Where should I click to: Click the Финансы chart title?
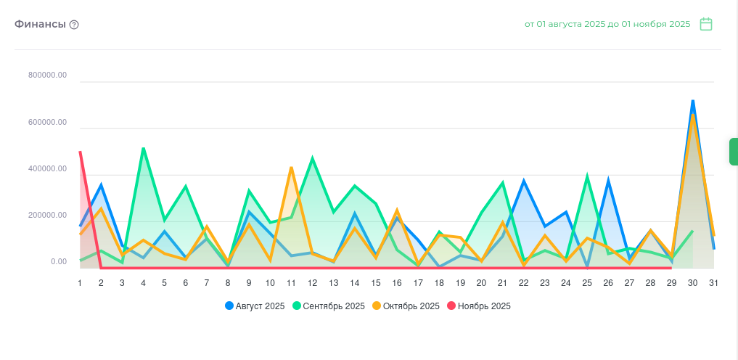[41, 24]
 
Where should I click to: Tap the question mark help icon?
[74, 25]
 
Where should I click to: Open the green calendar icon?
[706, 24]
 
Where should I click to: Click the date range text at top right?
[607, 24]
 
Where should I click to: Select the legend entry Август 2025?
[255, 306]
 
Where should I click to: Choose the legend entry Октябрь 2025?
[406, 306]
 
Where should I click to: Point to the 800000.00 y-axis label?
[48, 75]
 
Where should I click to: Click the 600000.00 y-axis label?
[48, 123]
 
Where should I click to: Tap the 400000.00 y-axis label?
[48, 169]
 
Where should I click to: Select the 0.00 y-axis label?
[59, 262]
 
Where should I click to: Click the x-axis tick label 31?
[713, 283]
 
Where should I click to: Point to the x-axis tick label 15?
[375, 283]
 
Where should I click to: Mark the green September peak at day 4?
[143, 149]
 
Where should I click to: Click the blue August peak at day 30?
[693, 101]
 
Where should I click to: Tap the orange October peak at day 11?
[291, 168]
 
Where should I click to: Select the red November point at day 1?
[80, 152]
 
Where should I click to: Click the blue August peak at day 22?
[523, 181]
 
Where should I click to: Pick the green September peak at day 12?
[312, 158]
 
